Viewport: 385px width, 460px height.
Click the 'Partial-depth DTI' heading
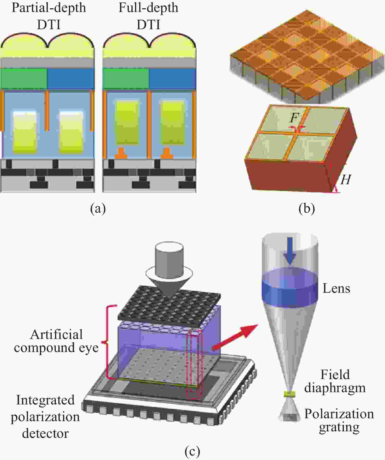tap(49, 16)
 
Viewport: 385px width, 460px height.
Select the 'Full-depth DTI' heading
tap(148, 16)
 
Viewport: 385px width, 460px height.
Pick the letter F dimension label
tap(294, 118)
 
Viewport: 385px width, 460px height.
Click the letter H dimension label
tap(346, 180)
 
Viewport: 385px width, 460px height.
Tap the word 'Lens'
tap(336, 288)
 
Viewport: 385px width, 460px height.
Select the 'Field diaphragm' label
tap(335, 381)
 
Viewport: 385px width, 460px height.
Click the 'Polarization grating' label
tap(339, 420)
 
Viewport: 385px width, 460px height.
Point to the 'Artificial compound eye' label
tap(56, 341)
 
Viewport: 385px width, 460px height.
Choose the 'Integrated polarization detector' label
tap(45, 417)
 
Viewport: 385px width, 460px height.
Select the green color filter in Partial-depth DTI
tap(24, 78)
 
